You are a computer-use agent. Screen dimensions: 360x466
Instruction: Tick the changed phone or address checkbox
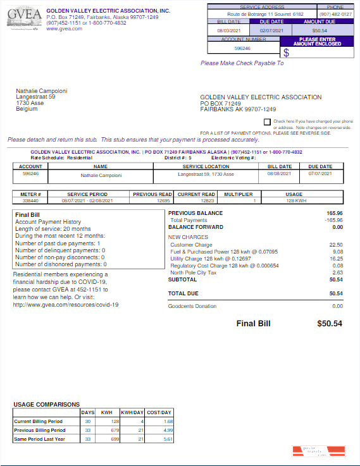tap(267, 121)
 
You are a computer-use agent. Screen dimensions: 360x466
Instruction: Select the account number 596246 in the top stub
tap(242, 48)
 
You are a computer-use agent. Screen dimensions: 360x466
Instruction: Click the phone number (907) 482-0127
tap(335, 13)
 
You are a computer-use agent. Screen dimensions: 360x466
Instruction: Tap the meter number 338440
tap(30, 200)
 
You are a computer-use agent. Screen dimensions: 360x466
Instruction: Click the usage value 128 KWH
tap(294, 200)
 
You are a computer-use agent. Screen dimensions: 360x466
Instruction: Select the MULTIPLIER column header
tap(238, 194)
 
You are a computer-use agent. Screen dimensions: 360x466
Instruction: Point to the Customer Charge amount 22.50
tap(336, 245)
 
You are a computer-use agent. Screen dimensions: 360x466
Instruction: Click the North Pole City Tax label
tap(192, 273)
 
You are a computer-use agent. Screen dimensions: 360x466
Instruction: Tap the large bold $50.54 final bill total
tap(329, 324)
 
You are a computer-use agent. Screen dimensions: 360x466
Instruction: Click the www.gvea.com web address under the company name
tap(65, 28)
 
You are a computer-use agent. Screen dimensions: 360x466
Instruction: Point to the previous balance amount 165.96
tap(334, 214)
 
